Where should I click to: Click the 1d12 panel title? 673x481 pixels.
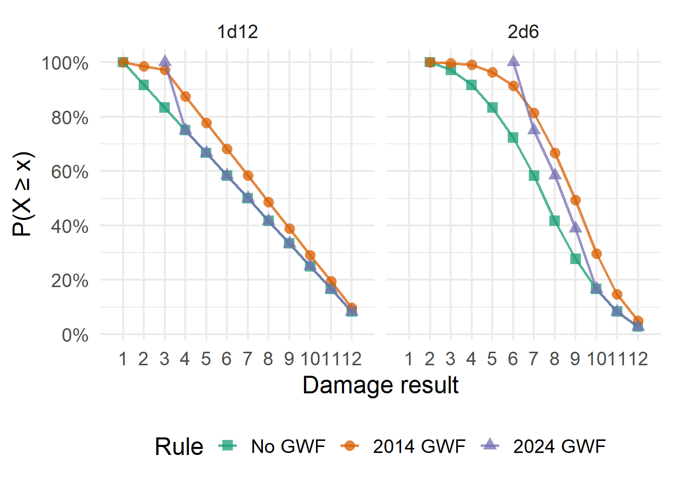pyautogui.click(x=237, y=32)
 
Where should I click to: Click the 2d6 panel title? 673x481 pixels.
pyautogui.click(x=523, y=32)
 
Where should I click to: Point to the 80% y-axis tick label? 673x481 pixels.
pyautogui.click(x=70, y=118)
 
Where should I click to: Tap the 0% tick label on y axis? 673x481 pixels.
pyautogui.click(x=75, y=335)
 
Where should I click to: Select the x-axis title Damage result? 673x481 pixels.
pyautogui.click(x=381, y=385)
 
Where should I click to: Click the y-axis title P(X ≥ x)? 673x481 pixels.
pyautogui.click(x=23, y=194)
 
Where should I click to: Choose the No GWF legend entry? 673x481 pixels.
pyautogui.click(x=288, y=446)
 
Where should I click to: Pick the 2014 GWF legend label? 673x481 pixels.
pyautogui.click(x=419, y=446)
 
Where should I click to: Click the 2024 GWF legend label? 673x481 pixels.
pyautogui.click(x=559, y=446)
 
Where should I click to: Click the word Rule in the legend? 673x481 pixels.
pyautogui.click(x=179, y=446)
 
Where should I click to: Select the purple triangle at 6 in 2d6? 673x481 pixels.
pyautogui.click(x=513, y=62)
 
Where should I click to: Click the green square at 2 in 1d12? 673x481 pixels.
pyautogui.click(x=144, y=85)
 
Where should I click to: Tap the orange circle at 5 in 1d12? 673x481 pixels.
pyautogui.click(x=206, y=123)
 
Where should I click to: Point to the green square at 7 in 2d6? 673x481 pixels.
pyautogui.click(x=534, y=176)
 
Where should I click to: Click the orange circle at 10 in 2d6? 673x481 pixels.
pyautogui.click(x=596, y=254)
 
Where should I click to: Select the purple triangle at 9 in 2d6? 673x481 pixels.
pyautogui.click(x=575, y=228)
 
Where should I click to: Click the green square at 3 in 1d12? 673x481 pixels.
pyautogui.click(x=165, y=108)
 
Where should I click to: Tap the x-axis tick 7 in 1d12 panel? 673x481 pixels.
pyautogui.click(x=247, y=359)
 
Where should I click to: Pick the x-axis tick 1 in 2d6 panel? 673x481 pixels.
pyautogui.click(x=409, y=359)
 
